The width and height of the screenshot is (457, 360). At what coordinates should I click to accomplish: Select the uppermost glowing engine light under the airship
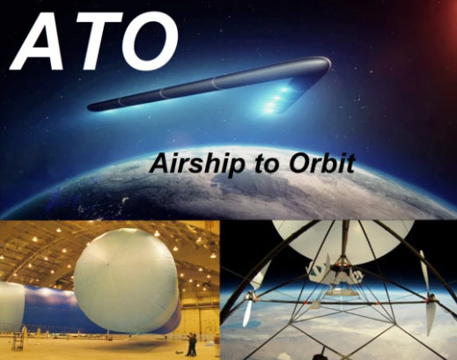[284, 89]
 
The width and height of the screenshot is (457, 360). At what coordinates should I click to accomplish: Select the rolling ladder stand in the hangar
[18, 341]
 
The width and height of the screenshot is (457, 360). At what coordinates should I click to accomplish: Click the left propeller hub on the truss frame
[250, 296]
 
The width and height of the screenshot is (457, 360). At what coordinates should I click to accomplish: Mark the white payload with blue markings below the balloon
[335, 272]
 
